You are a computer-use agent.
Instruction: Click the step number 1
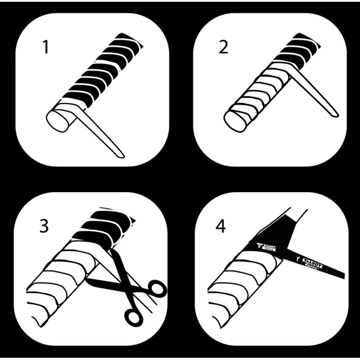pos(45,47)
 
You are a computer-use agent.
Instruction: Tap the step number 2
pos(223,47)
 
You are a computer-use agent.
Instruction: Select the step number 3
pos(44,226)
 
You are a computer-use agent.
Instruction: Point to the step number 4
pos(220,226)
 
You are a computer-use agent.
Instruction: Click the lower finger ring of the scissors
pos(134,316)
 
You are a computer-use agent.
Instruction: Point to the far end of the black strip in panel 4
pos(343,275)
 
